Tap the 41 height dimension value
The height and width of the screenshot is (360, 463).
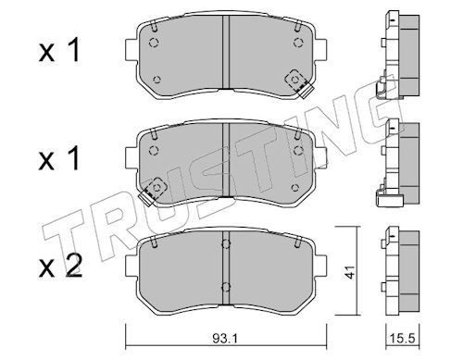coord(349,272)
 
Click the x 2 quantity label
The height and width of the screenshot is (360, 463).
coord(60,267)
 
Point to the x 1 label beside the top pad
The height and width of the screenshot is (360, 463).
coord(59,50)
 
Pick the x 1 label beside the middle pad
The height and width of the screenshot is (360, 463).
coord(59,158)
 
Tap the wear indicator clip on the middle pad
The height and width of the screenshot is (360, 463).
coord(153,192)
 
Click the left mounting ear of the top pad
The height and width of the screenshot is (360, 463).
coord(131,49)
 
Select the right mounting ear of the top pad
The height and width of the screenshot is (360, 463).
coord(320,49)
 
